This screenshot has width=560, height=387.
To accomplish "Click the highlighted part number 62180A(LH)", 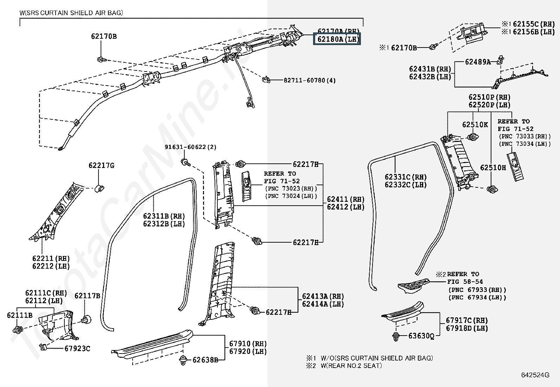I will [337, 39].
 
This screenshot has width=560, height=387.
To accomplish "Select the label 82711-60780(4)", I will [310, 80].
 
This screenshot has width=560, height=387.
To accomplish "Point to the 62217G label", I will [101, 166].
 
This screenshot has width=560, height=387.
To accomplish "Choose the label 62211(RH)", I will [51, 258].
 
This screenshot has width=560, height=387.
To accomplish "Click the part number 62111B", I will [20, 315].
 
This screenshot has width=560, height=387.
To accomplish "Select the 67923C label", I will [77, 349].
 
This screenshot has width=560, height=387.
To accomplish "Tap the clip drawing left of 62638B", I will [183, 360].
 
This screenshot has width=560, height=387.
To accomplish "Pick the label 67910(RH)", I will [248, 343].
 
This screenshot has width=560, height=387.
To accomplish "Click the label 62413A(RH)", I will [323, 296].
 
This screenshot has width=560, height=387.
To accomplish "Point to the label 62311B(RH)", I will [164, 216].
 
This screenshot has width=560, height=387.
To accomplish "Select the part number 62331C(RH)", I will [406, 177].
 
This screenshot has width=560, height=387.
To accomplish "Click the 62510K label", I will [475, 125].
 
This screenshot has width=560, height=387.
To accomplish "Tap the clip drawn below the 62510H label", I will [491, 189].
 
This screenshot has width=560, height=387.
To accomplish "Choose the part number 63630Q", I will [421, 336].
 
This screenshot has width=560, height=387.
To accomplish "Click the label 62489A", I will [477, 62].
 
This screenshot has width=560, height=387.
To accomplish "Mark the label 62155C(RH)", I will [534, 24].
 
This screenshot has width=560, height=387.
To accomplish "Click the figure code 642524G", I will [536, 375].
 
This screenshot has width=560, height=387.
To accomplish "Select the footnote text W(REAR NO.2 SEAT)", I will [351, 366].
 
